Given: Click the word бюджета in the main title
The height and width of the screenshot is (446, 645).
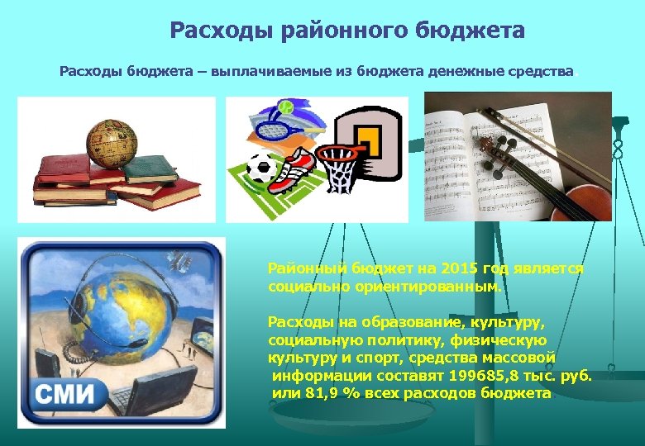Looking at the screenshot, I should (474, 31).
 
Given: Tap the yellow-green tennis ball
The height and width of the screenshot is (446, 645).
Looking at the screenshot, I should (285, 107).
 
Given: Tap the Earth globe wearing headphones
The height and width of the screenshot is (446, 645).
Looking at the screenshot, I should (117, 311).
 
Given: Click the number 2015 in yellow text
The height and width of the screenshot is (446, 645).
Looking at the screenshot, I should (460, 269).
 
